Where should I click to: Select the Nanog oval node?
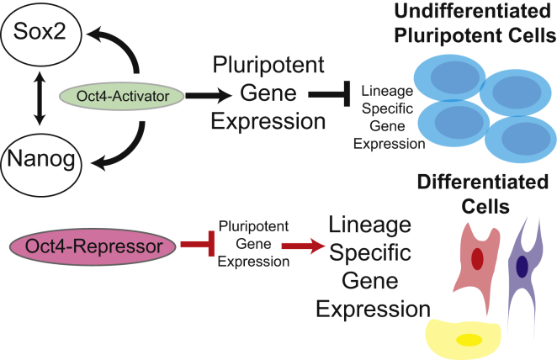pos(40,156)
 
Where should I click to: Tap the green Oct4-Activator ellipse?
pos(122,96)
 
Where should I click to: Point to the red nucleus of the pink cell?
pos(476,259)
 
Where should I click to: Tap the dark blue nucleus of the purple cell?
pos(522,267)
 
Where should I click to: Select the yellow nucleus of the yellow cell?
pos(464,339)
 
